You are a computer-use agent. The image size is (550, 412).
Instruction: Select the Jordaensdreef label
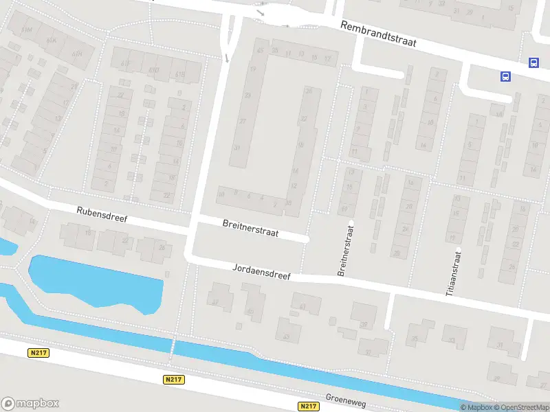(262, 271)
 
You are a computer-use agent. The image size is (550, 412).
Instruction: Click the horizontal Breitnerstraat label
(250, 228)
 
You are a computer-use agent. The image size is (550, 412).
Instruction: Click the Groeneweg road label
(347, 398)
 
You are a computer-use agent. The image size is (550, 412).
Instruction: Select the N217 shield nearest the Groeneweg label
(309, 406)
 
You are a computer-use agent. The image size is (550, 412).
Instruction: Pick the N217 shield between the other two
(173, 379)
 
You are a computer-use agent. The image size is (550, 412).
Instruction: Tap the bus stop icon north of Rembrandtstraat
(533, 62)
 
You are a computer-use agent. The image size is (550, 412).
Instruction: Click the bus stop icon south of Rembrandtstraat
(505, 76)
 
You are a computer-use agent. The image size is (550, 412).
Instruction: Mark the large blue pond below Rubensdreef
(96, 282)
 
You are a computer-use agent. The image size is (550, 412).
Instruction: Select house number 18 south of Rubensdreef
(88, 232)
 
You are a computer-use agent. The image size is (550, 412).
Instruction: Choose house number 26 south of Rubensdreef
(162, 248)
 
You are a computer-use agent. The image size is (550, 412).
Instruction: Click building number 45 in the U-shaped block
(260, 50)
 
